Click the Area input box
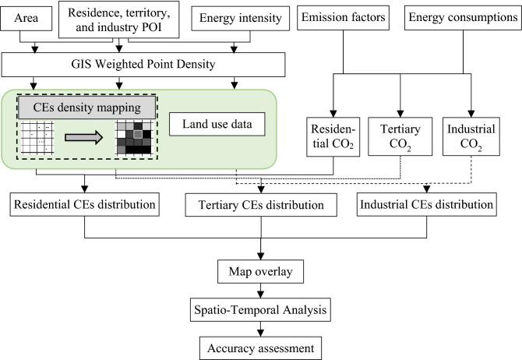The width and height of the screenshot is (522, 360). [x=26, y=19]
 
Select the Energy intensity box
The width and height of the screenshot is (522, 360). [x=241, y=19]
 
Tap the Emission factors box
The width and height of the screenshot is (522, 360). [x=344, y=18]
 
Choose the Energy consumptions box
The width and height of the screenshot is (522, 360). [x=463, y=18]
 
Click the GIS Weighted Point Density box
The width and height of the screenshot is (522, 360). [x=143, y=65]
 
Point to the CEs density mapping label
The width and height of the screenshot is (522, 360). [x=87, y=108]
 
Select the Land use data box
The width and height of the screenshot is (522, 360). [x=217, y=124]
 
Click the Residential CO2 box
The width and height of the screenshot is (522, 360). [x=333, y=136]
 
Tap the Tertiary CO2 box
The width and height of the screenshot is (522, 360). [x=400, y=136]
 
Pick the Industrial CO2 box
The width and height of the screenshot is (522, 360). [x=471, y=136]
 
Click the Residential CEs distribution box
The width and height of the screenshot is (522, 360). [x=85, y=204]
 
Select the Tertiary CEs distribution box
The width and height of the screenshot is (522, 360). [x=261, y=205]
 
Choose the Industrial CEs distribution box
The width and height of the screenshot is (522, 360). [x=427, y=204]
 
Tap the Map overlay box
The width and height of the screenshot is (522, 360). [x=261, y=272]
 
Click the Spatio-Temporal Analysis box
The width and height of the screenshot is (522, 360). [x=261, y=310]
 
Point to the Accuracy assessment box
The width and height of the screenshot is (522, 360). [x=261, y=348]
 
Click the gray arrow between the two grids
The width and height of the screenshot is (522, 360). [x=84, y=138]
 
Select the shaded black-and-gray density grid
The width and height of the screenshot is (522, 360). [x=133, y=138]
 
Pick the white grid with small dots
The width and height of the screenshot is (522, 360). [x=37, y=138]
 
